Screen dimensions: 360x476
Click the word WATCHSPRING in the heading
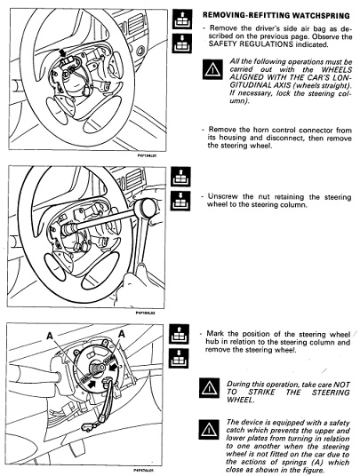click(321, 15)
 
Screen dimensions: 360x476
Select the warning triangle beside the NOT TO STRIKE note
click(209, 388)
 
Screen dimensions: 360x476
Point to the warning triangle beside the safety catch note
click(209, 429)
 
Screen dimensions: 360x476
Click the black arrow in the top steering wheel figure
click(63, 52)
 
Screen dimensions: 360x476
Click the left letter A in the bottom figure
click(50, 336)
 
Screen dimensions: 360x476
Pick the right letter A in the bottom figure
click(122, 334)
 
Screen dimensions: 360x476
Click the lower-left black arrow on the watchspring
click(92, 384)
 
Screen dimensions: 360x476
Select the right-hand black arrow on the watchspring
click(114, 367)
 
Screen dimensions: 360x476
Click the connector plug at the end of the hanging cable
click(87, 427)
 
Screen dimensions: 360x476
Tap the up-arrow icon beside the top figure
click(182, 19)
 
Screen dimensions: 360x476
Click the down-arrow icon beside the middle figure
click(180, 201)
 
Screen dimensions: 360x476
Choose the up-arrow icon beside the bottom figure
click(179, 334)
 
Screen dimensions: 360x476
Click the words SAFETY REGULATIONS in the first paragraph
click(251, 44)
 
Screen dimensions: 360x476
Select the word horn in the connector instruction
click(261, 130)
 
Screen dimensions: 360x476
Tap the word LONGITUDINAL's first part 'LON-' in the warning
click(341, 77)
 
